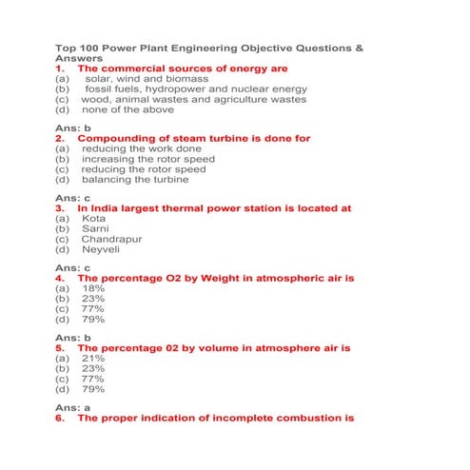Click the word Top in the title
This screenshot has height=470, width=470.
pos(66,47)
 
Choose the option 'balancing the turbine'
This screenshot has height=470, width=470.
pos(134,179)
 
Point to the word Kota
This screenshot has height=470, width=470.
pos(94,219)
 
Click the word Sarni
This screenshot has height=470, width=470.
pos(95,229)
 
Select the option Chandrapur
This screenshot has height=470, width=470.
pos(111,239)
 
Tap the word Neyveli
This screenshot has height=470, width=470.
pos(101,249)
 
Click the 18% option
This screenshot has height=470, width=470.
pos(93,288)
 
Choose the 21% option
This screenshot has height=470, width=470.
pos(93,359)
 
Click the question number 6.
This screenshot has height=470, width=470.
pos(60,418)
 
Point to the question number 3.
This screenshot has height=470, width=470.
pos(60,207)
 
